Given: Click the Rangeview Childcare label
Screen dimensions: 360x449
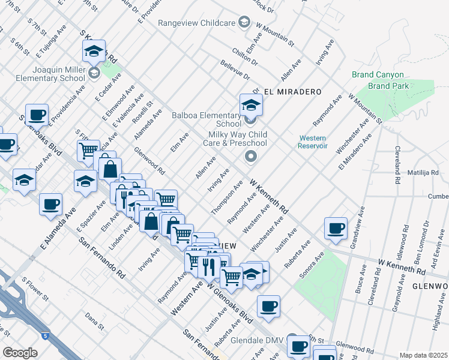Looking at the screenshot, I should pyautogui.click(x=198, y=23).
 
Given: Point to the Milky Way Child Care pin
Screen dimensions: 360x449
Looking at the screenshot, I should pyautogui.click(x=251, y=157).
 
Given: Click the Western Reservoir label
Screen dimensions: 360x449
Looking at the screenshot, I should pyautogui.click(x=313, y=142).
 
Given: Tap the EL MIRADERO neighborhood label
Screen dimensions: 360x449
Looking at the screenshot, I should pyautogui.click(x=292, y=92).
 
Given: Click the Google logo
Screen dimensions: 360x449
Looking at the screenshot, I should pyautogui.click(x=20, y=353).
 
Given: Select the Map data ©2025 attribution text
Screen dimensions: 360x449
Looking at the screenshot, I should pyautogui.click(x=423, y=355).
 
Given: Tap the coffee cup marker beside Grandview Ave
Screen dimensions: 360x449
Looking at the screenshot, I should pyautogui.click(x=336, y=229).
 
